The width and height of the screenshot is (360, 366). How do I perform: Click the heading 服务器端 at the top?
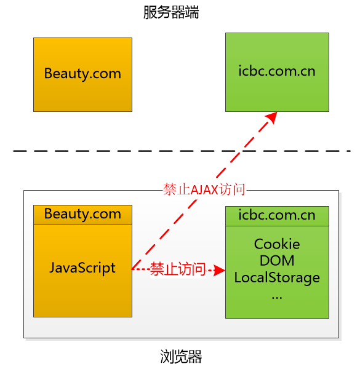click(x=170, y=13)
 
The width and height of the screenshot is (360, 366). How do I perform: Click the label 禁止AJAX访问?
click(x=204, y=189)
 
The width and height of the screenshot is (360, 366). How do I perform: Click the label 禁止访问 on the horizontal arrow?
click(x=178, y=269)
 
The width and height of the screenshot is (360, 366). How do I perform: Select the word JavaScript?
click(x=82, y=268)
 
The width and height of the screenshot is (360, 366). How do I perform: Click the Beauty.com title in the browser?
click(x=82, y=214)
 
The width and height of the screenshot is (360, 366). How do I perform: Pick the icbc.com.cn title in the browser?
click(x=277, y=215)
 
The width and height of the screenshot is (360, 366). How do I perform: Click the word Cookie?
click(x=277, y=244)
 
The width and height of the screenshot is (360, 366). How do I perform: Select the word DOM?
click(x=277, y=261)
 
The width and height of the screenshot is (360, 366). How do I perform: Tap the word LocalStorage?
click(x=277, y=277)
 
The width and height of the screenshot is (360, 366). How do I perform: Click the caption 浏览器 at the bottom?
click(x=180, y=356)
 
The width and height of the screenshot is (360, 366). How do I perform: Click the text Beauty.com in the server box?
click(x=82, y=74)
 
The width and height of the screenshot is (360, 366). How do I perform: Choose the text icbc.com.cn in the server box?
click(x=277, y=71)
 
